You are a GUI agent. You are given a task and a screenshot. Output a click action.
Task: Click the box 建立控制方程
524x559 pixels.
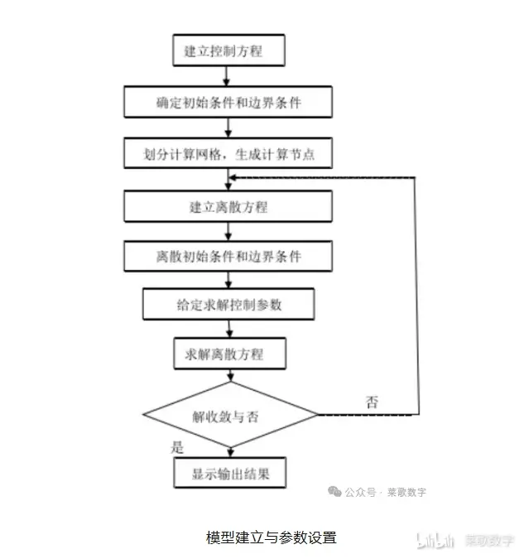tap(228, 51)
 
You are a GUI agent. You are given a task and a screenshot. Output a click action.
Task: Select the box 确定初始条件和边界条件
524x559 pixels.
tap(228, 102)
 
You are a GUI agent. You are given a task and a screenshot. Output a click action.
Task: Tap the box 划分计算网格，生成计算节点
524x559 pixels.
tap(228, 153)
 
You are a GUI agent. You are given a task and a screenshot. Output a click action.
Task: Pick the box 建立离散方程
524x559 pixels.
tap(228, 206)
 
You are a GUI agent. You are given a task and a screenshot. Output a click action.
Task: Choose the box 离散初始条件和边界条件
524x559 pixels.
tap(228, 256)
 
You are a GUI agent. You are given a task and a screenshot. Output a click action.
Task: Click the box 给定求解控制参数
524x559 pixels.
tap(228, 304)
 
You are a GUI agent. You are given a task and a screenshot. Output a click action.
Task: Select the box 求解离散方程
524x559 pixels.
tap(230, 354)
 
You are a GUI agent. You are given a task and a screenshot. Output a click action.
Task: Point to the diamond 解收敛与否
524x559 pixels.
tap(230, 415)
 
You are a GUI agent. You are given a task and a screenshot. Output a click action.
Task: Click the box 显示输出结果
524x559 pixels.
tap(230, 473)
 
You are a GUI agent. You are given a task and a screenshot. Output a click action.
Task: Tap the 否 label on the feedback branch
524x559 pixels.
tap(372, 402)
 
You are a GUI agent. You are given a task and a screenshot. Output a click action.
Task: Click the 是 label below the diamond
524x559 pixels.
tap(177, 447)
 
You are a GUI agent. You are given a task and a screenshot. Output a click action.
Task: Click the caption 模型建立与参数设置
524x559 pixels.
tap(272, 537)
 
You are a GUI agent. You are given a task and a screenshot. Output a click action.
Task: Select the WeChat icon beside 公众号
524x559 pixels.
tap(334, 492)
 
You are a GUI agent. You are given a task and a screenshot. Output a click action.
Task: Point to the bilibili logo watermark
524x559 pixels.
tap(435, 540)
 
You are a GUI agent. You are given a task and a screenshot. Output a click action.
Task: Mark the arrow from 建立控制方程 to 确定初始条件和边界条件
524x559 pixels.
tap(226, 76)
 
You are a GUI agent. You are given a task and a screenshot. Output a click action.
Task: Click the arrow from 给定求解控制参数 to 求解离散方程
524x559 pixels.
tap(229, 329)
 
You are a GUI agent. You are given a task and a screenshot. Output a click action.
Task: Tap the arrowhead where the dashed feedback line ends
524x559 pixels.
tap(232, 177)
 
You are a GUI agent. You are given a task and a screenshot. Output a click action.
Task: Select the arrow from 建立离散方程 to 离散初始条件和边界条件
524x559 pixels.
tap(228, 231)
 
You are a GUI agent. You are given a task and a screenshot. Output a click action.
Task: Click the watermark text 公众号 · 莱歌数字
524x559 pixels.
tap(385, 492)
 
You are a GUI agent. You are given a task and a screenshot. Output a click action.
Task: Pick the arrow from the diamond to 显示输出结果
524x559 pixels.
tap(231, 452)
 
